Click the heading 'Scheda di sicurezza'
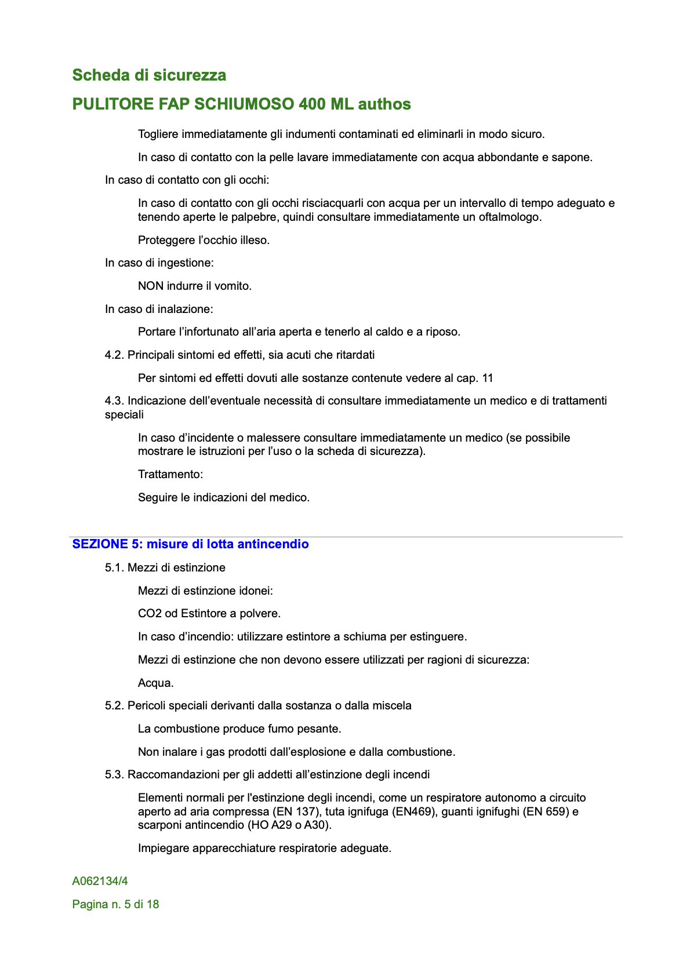coord(149,75)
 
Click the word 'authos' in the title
coord(384,104)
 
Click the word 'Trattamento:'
coord(170,474)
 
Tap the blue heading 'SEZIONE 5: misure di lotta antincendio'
coord(190,544)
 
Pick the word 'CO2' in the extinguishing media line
coord(150,613)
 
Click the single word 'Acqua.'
coord(156,683)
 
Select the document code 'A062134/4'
coord(100,881)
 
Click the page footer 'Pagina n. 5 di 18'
coord(115,904)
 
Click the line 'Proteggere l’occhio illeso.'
coord(204,240)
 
